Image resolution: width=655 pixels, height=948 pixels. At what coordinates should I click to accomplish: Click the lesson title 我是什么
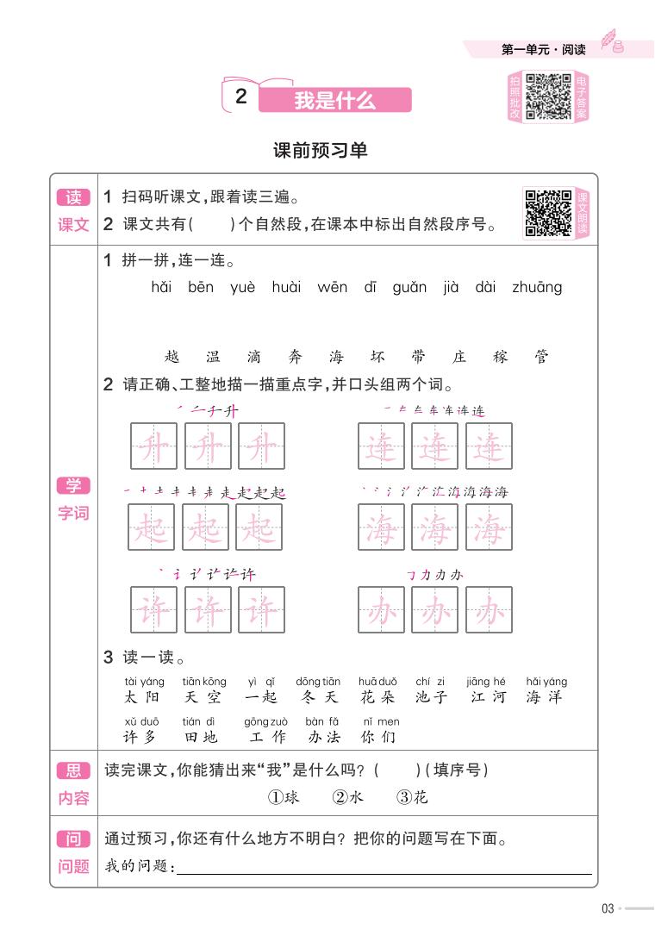tap(334, 100)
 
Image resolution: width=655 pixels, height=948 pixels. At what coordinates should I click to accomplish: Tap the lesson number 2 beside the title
tap(241, 97)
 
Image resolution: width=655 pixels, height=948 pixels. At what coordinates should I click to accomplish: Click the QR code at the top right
tap(549, 97)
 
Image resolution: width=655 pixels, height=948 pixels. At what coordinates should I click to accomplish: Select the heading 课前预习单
tap(321, 151)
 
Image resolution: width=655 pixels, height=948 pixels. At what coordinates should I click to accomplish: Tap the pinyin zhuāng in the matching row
tap(536, 287)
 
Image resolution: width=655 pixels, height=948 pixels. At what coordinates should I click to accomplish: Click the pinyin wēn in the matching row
tap(332, 287)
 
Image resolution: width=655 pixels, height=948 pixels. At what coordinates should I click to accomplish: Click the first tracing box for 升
tap(153, 446)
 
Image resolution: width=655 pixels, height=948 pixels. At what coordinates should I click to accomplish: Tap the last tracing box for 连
tap(489, 446)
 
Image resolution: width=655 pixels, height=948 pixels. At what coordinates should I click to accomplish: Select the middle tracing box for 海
tap(434, 527)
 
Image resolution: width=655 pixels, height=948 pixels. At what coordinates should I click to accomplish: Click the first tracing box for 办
tap(381, 609)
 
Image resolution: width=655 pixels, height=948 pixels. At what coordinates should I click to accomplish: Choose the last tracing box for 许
tap(261, 609)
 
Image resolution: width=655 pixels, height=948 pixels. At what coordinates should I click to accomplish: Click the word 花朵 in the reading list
tap(377, 697)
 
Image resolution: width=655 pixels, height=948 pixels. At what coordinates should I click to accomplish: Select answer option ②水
tap(348, 797)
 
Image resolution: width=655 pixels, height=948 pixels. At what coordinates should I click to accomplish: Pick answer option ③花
tap(412, 797)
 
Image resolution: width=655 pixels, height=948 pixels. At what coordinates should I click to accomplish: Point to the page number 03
tap(607, 907)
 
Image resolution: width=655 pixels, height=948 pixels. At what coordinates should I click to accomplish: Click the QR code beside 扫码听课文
tap(548, 213)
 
